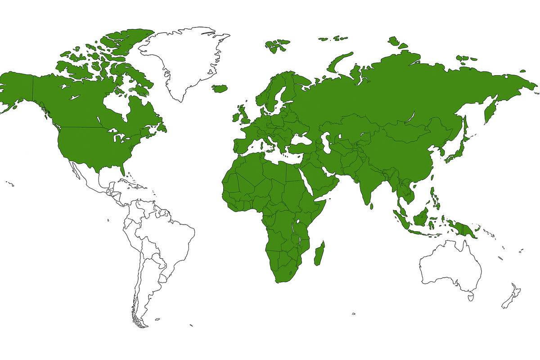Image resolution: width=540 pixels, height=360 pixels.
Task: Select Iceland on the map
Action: (220, 88)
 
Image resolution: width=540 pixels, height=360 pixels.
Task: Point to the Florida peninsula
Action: (122, 170)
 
